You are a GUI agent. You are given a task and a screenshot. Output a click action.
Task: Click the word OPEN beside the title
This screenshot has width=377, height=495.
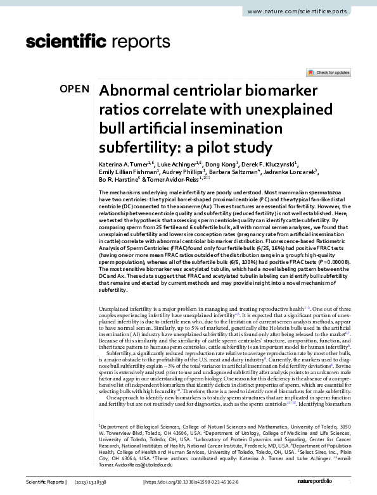75,89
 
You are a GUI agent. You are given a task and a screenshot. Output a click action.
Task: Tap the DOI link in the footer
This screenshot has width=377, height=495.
190,482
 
